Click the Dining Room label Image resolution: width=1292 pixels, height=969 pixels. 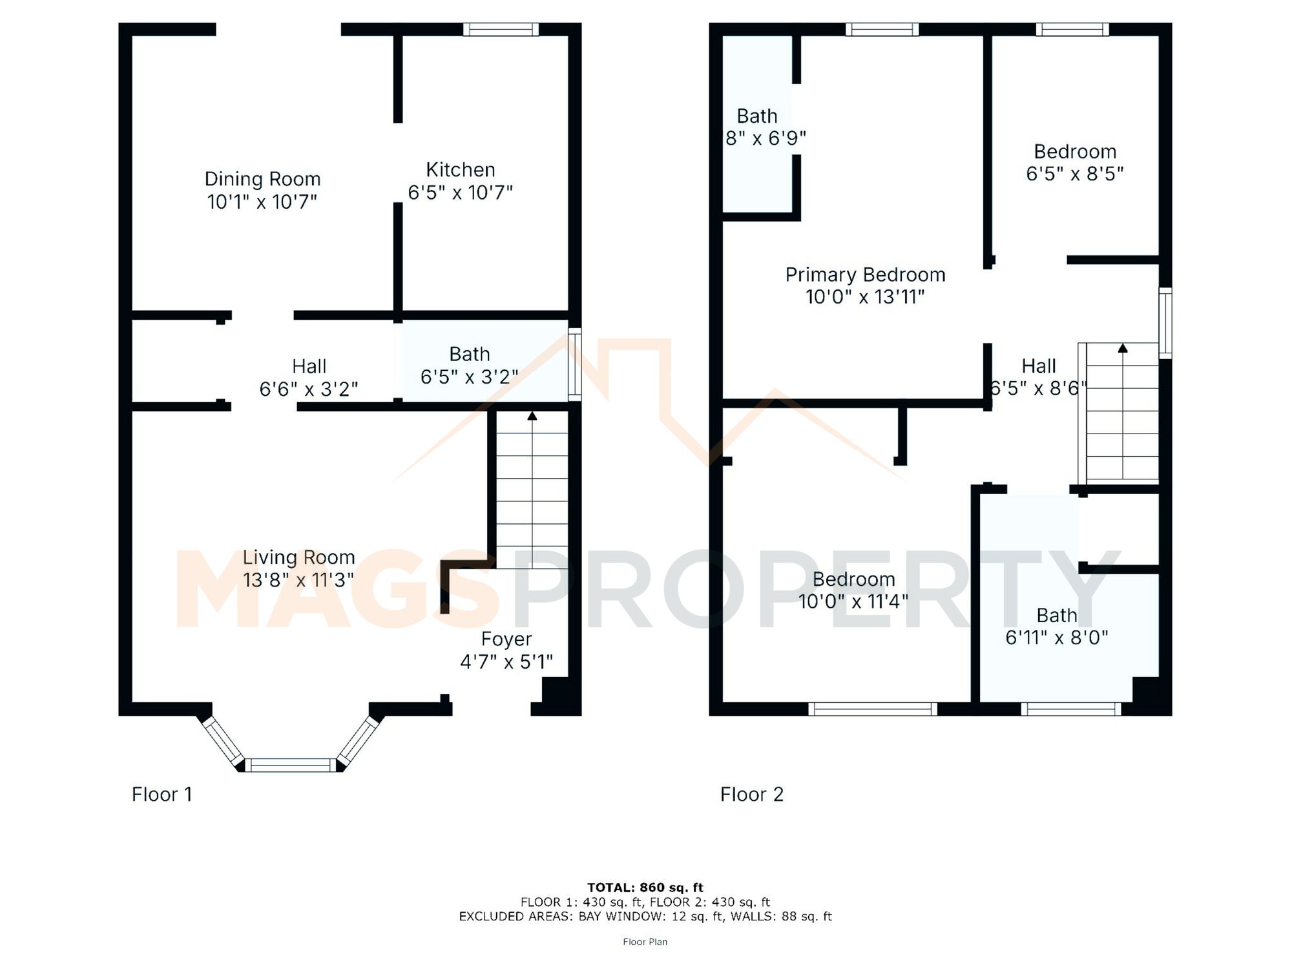click(x=262, y=179)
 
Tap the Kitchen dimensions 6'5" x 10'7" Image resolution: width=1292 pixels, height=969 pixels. click(x=460, y=193)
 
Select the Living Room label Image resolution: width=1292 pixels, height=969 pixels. click(x=298, y=557)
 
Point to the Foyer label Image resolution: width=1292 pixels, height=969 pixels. click(x=506, y=639)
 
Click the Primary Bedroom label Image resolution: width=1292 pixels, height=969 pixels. click(x=865, y=275)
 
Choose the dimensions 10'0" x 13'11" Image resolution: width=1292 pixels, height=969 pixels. click(x=865, y=297)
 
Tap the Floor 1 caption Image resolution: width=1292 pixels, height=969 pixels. click(x=161, y=794)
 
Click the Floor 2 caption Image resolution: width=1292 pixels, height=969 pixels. click(x=751, y=794)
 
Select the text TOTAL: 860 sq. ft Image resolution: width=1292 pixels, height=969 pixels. click(x=645, y=888)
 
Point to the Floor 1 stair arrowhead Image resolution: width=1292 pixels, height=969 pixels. click(x=532, y=416)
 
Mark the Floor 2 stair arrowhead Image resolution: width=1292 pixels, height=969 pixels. click(x=1123, y=348)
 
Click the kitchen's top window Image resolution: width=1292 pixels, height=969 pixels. click(x=501, y=29)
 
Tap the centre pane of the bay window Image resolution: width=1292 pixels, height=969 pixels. click(x=290, y=766)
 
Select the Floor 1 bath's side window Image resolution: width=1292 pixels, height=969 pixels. click(x=574, y=364)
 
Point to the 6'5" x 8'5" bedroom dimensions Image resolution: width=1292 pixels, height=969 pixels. click(x=1074, y=174)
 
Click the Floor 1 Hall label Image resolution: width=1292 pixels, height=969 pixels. click(x=309, y=366)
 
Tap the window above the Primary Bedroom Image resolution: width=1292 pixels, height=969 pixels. click(x=882, y=29)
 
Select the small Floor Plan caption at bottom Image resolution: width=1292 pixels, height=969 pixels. click(x=645, y=942)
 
